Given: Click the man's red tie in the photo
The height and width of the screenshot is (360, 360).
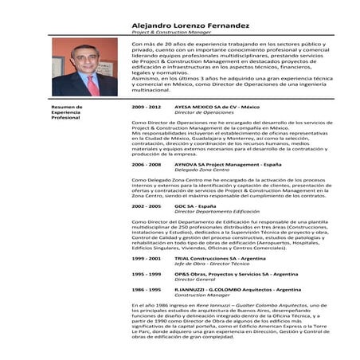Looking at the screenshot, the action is coord(92,84).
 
